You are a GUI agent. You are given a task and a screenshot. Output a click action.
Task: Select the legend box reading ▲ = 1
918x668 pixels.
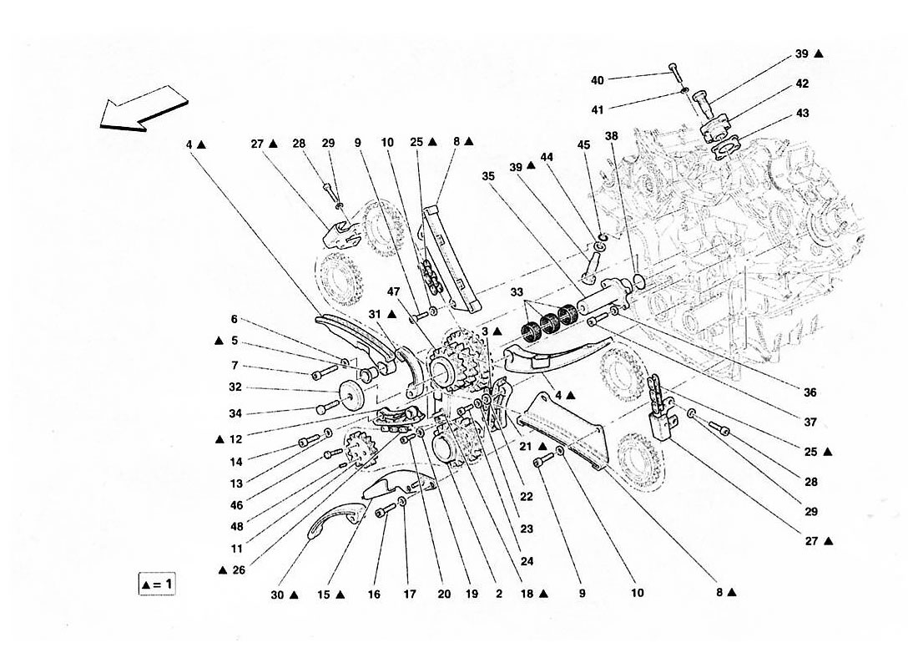pyautogui.click(x=158, y=584)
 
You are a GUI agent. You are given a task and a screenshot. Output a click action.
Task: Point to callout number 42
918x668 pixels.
pyautogui.click(x=802, y=83)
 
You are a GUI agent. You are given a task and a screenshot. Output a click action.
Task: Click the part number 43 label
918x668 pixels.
pyautogui.click(x=802, y=112)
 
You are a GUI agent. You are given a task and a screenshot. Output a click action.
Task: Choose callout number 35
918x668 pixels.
pyautogui.click(x=488, y=176)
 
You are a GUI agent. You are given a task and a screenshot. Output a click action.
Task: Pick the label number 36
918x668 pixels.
pyautogui.click(x=810, y=392)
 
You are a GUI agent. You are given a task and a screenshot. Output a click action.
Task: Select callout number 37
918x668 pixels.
pyautogui.click(x=810, y=422)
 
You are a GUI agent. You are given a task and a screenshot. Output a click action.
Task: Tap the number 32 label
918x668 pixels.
pyautogui.click(x=235, y=387)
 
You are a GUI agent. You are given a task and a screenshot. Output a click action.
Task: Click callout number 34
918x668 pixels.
pyautogui.click(x=235, y=412)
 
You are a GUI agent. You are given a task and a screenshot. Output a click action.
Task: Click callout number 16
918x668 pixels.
pyautogui.click(x=374, y=595)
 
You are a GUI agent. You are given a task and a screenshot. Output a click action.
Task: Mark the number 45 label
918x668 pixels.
pyautogui.click(x=583, y=144)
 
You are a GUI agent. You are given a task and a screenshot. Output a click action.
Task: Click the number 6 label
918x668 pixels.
pyautogui.click(x=235, y=318)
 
